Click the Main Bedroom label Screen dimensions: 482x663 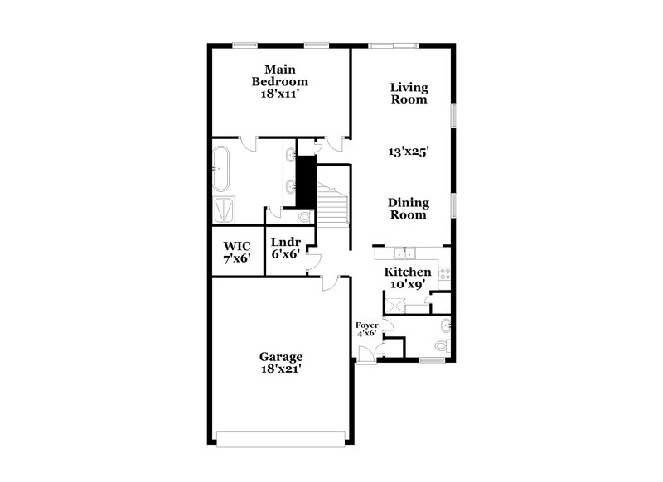point(280,81)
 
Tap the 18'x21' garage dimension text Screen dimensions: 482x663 point(279,370)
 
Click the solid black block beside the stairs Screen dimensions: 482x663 point(307,180)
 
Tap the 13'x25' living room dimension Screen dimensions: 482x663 point(408,152)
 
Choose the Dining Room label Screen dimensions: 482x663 point(408,208)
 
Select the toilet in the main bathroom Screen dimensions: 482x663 point(303,217)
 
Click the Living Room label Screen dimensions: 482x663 point(409,93)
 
